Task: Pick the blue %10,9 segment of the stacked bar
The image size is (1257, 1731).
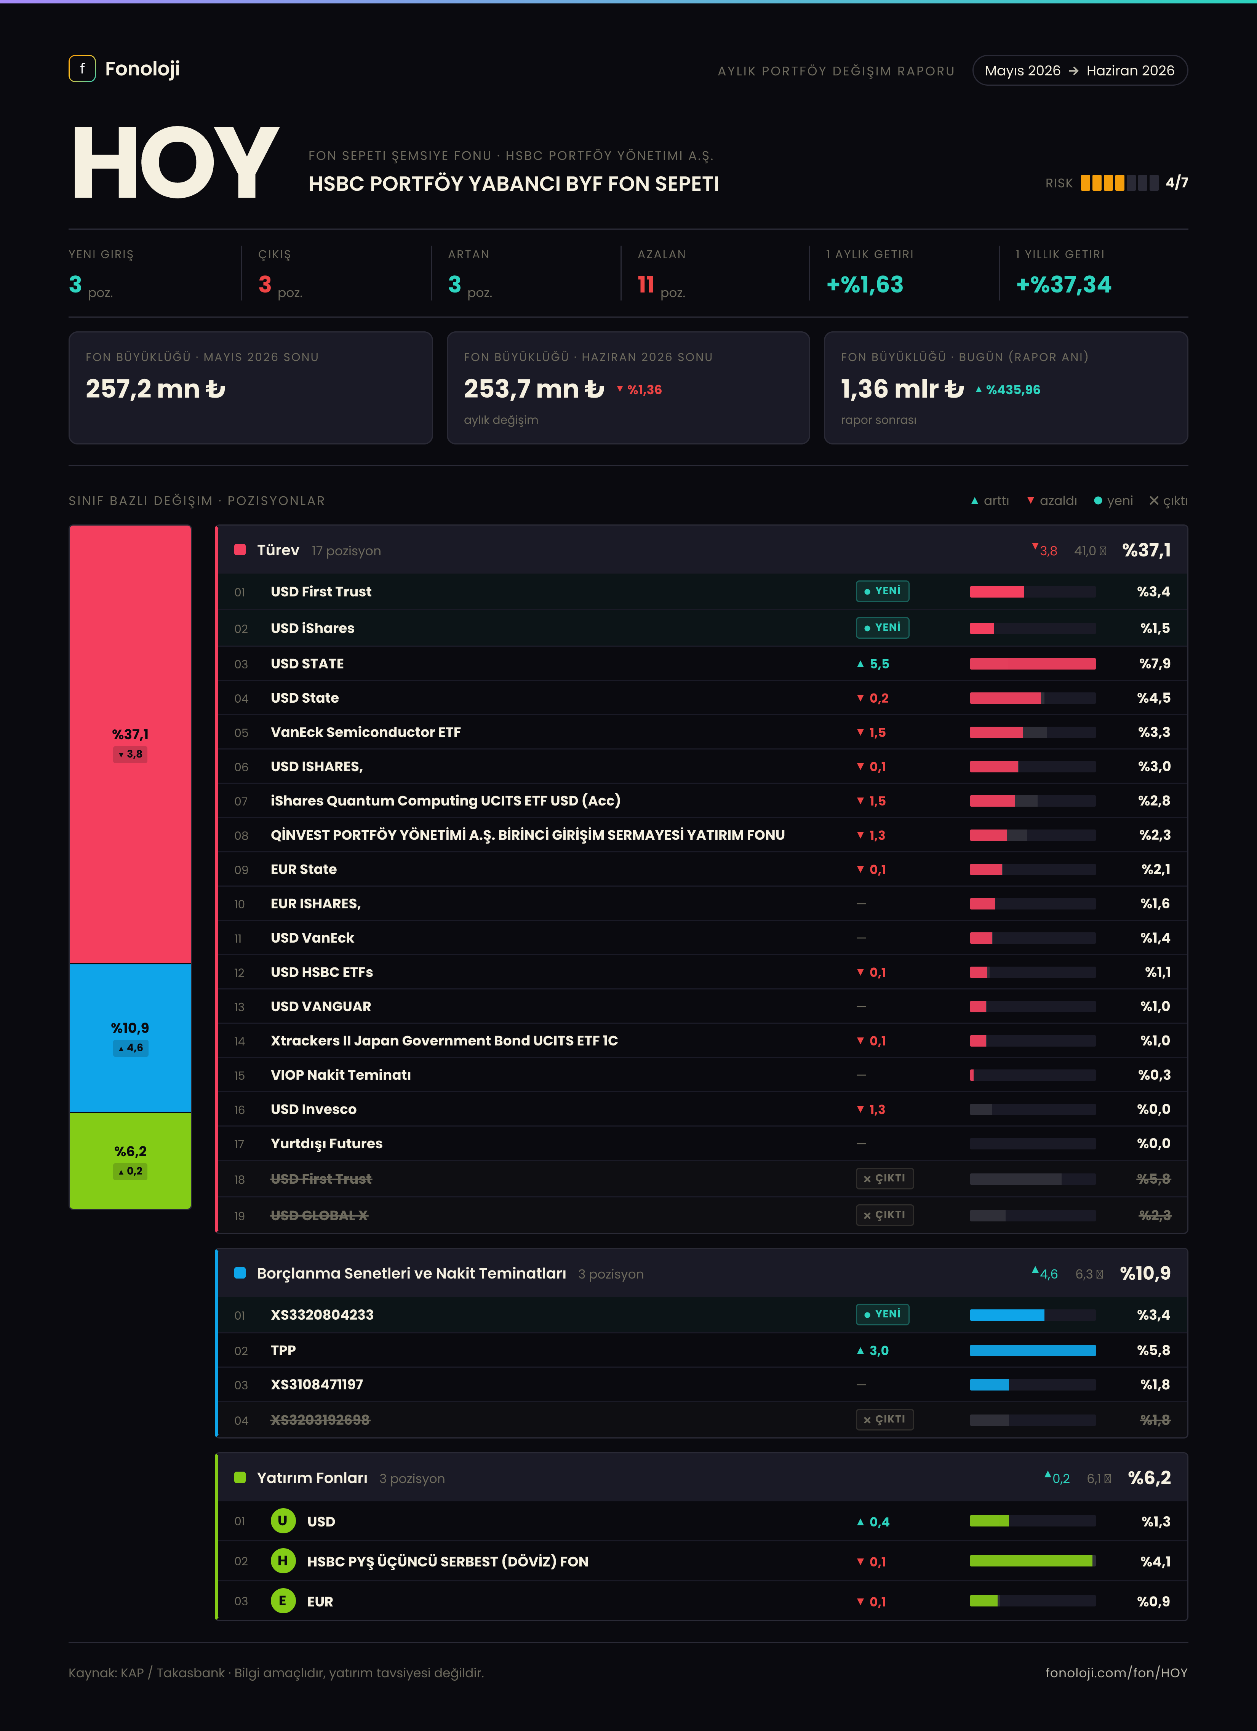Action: click(131, 1038)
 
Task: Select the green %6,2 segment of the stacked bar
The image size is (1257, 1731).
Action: click(131, 1160)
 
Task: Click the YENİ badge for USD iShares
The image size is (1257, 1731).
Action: click(882, 627)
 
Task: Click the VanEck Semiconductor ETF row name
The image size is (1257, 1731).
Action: click(366, 732)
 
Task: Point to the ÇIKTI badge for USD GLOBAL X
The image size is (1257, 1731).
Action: click(884, 1215)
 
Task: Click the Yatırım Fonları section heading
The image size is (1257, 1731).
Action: click(312, 1478)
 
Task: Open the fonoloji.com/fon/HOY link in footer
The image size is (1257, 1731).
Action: click(1116, 1672)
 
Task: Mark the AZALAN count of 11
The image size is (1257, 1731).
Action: click(646, 285)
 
